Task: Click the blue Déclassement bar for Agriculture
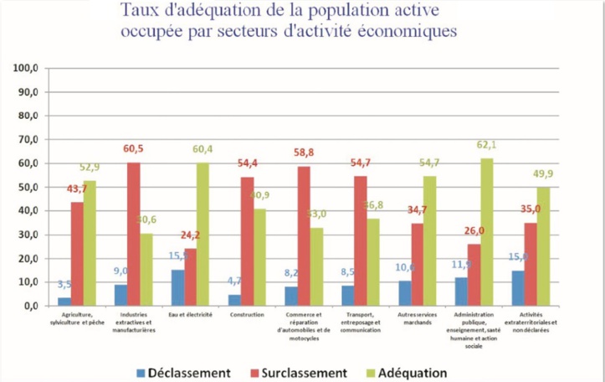pos(64,301)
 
